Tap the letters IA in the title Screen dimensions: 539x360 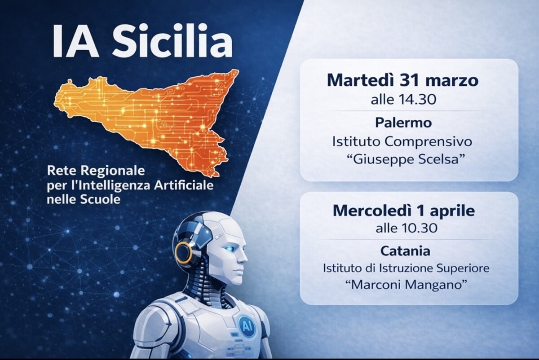75,41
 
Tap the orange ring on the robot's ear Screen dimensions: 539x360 184,253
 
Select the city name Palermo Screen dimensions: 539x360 403,123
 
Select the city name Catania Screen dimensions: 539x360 405,251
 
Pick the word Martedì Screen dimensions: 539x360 360,80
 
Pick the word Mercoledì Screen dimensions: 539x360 372,211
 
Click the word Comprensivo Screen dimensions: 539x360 428,142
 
